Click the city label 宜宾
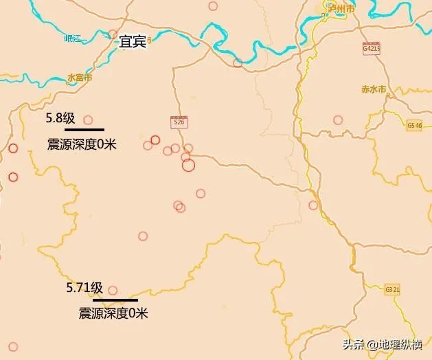point(132,42)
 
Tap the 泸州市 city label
point(341,10)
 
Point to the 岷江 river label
point(72,38)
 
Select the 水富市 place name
point(80,78)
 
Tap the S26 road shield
point(179,122)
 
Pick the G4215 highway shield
point(371,48)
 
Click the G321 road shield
point(393,289)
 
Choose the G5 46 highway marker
point(414,125)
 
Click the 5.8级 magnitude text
point(60,118)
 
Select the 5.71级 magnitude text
point(84,288)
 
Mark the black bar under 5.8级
point(84,129)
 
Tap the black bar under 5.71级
point(115,300)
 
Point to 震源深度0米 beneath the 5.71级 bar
point(113,313)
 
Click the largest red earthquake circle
point(189,165)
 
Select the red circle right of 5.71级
point(113,290)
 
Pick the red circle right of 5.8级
point(88,120)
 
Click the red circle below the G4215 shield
point(338,120)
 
